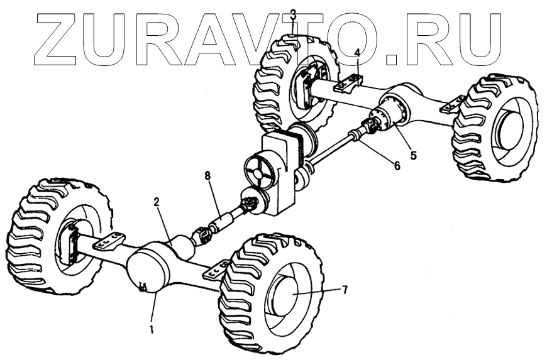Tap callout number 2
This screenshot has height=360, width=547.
click(157, 202)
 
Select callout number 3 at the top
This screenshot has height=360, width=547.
click(293, 14)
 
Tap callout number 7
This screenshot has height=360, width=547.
click(344, 289)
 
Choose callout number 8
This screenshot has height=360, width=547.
click(207, 176)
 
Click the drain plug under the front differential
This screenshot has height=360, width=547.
click(142, 288)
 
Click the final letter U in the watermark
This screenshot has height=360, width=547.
click(477, 38)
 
